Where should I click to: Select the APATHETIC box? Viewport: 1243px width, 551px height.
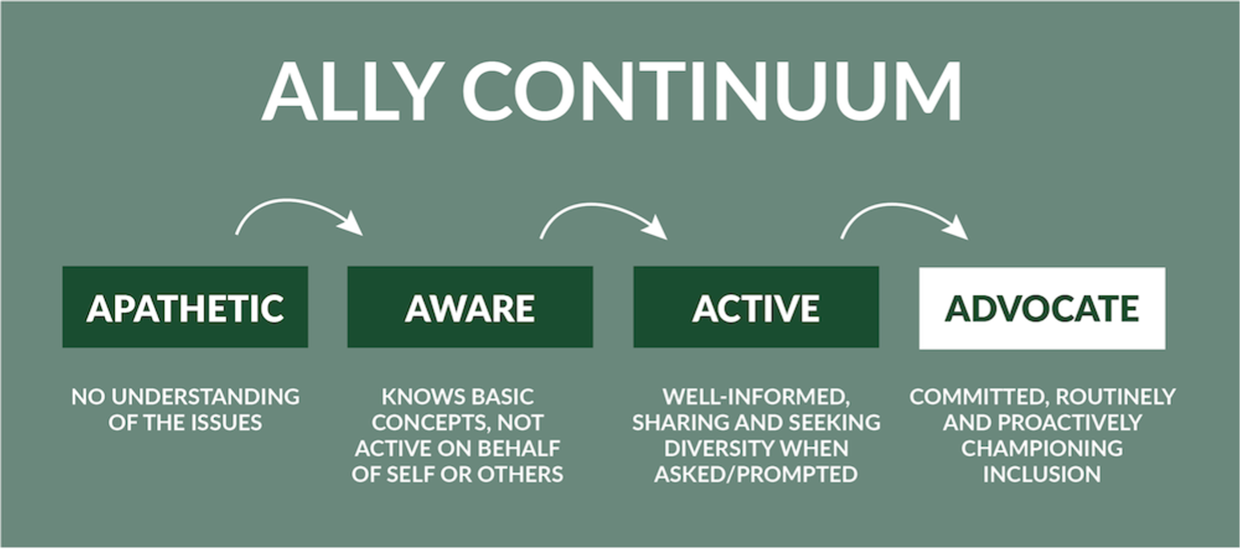[185, 308]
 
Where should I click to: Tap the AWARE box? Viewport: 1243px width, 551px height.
[470, 308]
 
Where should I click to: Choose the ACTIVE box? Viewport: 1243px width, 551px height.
[755, 308]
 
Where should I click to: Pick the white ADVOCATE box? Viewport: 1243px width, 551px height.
[1042, 308]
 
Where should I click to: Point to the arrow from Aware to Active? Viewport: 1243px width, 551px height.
[602, 213]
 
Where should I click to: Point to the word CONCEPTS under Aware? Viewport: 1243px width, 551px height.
[424, 423]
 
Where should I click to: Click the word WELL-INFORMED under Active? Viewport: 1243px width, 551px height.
[755, 397]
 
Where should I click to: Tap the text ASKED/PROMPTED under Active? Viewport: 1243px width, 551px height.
[755, 474]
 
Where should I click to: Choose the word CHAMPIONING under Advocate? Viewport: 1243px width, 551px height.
[1042, 448]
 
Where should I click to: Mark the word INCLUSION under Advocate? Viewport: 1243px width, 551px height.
[1042, 474]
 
